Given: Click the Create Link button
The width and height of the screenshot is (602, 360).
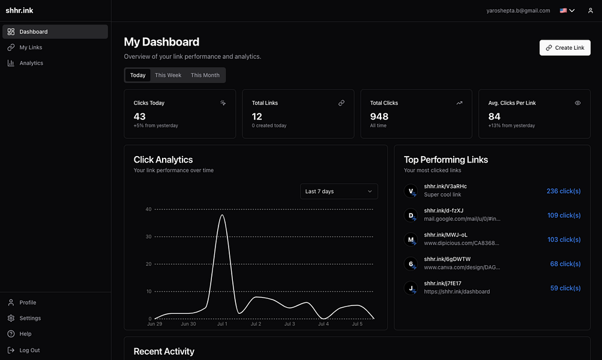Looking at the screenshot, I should [565, 48].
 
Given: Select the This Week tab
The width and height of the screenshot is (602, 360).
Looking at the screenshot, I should [168, 75].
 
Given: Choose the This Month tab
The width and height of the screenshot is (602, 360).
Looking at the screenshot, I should [205, 75].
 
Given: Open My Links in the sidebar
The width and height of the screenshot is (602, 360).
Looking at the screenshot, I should [31, 47].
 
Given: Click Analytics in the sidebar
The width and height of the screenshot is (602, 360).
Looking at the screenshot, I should [31, 63].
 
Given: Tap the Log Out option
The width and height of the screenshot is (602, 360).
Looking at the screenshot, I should [29, 350].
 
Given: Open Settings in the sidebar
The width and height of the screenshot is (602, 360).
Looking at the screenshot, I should [30, 318].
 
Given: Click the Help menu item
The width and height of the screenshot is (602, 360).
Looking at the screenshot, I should [25, 334].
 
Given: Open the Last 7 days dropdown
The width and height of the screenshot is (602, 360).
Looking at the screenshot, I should [339, 191].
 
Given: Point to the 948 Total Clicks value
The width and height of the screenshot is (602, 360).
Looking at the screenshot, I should [379, 116].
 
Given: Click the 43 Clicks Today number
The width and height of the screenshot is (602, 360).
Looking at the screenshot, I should [140, 116].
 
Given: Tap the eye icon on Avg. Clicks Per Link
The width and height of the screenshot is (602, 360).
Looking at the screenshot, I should [578, 103].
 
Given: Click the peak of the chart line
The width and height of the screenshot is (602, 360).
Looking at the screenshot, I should [223, 215].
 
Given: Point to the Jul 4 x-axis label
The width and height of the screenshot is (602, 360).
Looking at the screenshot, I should [324, 324].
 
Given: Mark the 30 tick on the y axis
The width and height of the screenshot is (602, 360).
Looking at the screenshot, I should [148, 236].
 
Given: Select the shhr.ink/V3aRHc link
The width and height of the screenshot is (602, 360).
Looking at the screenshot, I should [445, 187].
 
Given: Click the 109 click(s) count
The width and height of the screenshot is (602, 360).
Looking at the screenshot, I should [564, 215].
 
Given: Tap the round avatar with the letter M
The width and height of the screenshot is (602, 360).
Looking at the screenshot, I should [411, 239].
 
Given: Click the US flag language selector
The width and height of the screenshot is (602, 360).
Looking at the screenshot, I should [567, 10].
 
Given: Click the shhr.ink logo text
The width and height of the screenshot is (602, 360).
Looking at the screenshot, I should [19, 10].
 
